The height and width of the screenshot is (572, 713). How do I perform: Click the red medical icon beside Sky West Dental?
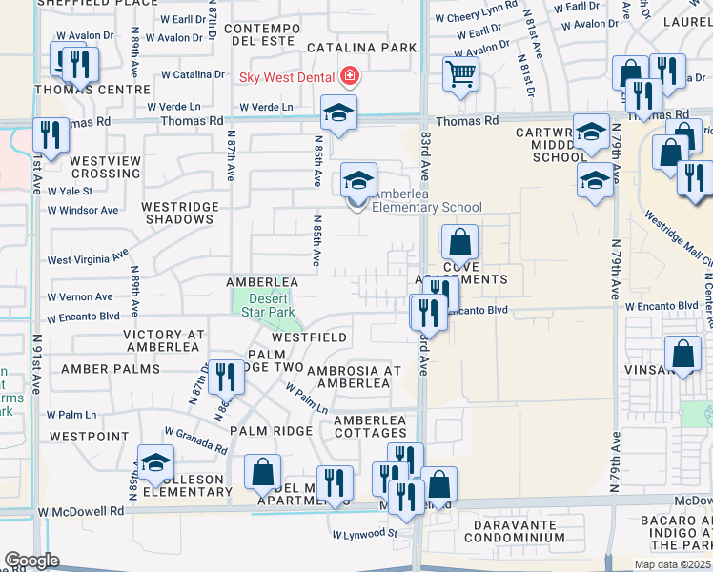point(350,74)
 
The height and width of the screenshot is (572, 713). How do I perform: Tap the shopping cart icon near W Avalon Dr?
point(461,73)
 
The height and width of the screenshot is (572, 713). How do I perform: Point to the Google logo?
point(31,560)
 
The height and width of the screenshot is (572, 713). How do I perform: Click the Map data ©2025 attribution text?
point(672,564)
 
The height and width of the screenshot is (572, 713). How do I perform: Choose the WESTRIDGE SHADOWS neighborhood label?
point(177,213)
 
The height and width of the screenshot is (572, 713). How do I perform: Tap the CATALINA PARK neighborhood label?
point(361,47)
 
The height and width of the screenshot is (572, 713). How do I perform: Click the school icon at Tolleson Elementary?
point(155,463)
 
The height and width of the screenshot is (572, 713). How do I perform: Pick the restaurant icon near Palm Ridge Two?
point(226,377)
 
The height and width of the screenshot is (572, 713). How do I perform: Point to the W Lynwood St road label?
point(362,533)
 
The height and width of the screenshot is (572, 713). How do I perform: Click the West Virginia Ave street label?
point(87,258)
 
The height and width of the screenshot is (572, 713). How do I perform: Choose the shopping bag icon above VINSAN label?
point(683,355)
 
